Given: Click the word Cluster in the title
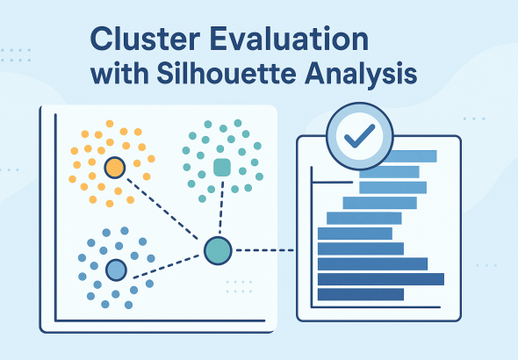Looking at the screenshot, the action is tap(145, 39).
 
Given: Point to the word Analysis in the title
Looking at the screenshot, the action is tap(361, 75).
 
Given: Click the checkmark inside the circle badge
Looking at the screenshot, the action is tap(359, 136).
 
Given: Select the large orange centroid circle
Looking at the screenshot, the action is tap(115, 168).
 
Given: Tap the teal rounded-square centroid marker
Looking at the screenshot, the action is tap(222, 168).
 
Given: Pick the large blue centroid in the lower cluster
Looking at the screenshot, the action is tap(116, 270).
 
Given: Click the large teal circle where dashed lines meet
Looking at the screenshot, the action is tap(218, 250).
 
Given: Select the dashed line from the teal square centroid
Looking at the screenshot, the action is tap(221, 207).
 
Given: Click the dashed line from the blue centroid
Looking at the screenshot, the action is tap(166, 267).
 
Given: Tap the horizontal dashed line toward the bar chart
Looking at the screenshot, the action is tap(264, 250).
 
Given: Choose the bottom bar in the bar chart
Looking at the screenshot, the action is tap(361, 294).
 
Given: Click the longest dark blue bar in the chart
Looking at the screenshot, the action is tap(381, 279).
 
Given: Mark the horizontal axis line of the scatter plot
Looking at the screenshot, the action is tap(160, 320).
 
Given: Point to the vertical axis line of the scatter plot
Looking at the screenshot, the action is tap(56, 218).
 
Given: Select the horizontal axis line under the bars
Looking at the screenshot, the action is tap(376, 307).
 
